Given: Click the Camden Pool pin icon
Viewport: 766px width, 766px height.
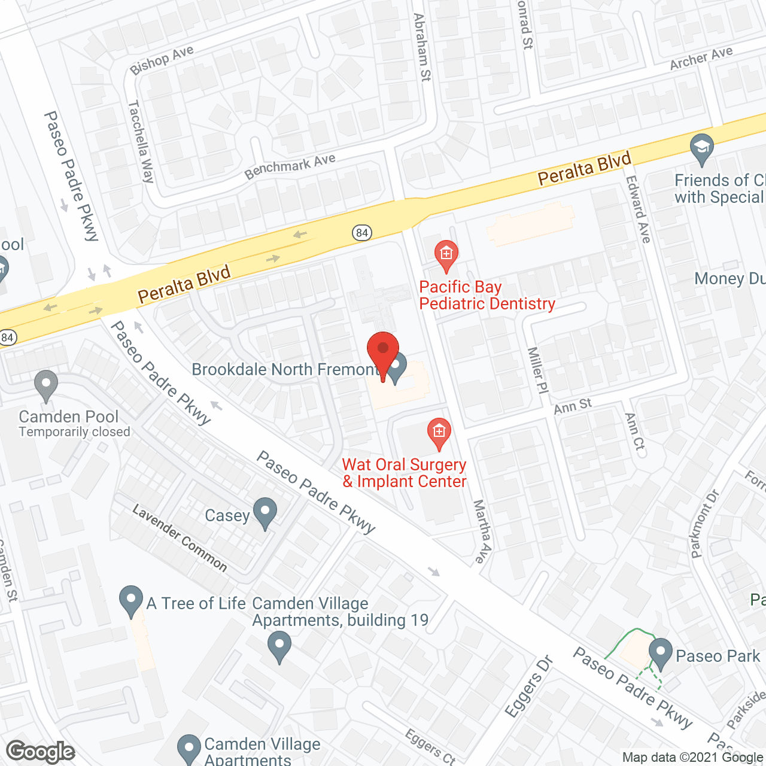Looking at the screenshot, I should click(x=46, y=385).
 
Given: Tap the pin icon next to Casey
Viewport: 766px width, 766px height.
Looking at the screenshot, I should click(x=265, y=513).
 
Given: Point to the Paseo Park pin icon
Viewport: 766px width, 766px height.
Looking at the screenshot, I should click(x=661, y=653).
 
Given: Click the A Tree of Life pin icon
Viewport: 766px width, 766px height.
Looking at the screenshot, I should click(x=131, y=601).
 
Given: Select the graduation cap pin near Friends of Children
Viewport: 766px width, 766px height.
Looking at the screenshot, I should click(x=701, y=149).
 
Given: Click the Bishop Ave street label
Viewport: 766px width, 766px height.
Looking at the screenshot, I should click(x=162, y=60).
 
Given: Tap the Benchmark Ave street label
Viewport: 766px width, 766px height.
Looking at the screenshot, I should click(x=290, y=166).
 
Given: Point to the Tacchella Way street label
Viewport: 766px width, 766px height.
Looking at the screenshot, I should click(x=141, y=141).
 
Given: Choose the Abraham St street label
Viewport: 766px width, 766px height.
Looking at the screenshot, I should click(x=422, y=47).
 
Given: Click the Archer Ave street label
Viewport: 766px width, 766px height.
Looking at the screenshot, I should click(x=701, y=58).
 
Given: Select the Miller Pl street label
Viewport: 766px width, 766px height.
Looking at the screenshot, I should click(x=537, y=370).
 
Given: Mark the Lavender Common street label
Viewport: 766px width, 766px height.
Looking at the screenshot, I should click(x=180, y=537).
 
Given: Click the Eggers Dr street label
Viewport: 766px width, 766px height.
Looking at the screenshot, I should click(x=528, y=686).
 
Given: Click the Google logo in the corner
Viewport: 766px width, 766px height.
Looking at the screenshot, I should click(x=40, y=752).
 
